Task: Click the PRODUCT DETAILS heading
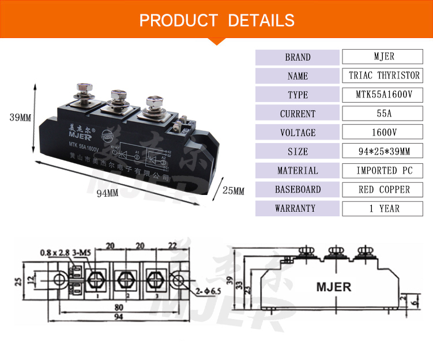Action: (x=217, y=21)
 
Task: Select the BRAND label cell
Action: (x=298, y=57)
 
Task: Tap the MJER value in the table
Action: (x=384, y=57)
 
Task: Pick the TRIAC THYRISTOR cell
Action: (x=384, y=76)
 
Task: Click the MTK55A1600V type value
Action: (x=384, y=95)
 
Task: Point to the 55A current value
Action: (x=384, y=114)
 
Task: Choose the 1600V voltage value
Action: (x=384, y=133)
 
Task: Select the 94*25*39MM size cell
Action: (x=384, y=152)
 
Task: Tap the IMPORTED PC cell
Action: (x=384, y=171)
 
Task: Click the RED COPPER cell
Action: (x=384, y=189)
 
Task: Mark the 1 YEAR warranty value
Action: (x=384, y=208)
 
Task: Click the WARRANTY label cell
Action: (x=298, y=208)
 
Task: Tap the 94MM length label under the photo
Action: (x=107, y=193)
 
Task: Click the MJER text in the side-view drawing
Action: (x=333, y=287)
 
